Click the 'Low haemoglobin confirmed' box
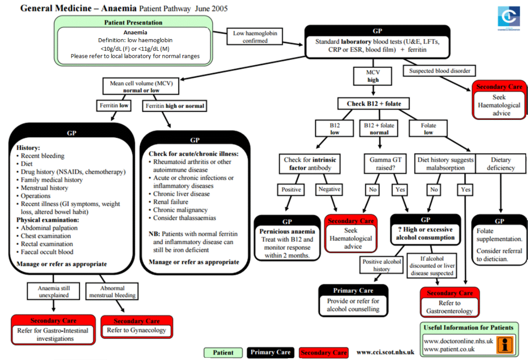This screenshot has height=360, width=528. [x=255, y=37]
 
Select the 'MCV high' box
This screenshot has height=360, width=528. [x=373, y=76]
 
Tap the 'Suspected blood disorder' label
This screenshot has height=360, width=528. [x=440, y=71]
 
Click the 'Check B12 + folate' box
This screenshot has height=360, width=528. [x=374, y=104]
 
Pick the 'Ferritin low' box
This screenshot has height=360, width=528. [x=114, y=106]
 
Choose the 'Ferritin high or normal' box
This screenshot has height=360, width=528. [x=175, y=106]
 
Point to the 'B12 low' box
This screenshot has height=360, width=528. [x=335, y=129]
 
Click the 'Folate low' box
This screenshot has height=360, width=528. [x=428, y=129]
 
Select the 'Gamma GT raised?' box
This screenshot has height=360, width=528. [x=385, y=163]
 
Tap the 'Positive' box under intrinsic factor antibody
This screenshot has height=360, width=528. [x=291, y=190]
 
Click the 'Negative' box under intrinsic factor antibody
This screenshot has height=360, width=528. [x=329, y=189]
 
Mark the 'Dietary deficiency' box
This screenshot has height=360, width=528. [x=501, y=163]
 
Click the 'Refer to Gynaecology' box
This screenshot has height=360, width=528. [x=137, y=327]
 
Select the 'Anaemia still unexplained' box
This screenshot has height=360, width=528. [x=54, y=292]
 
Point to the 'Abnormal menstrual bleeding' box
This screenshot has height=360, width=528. [x=112, y=292]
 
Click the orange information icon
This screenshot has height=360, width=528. [x=505, y=344]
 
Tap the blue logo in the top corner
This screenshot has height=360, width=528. [x=508, y=18]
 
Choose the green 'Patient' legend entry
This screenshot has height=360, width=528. [x=223, y=353]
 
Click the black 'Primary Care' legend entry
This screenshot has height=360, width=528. [x=270, y=353]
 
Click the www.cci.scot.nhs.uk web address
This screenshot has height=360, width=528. [x=385, y=353]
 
